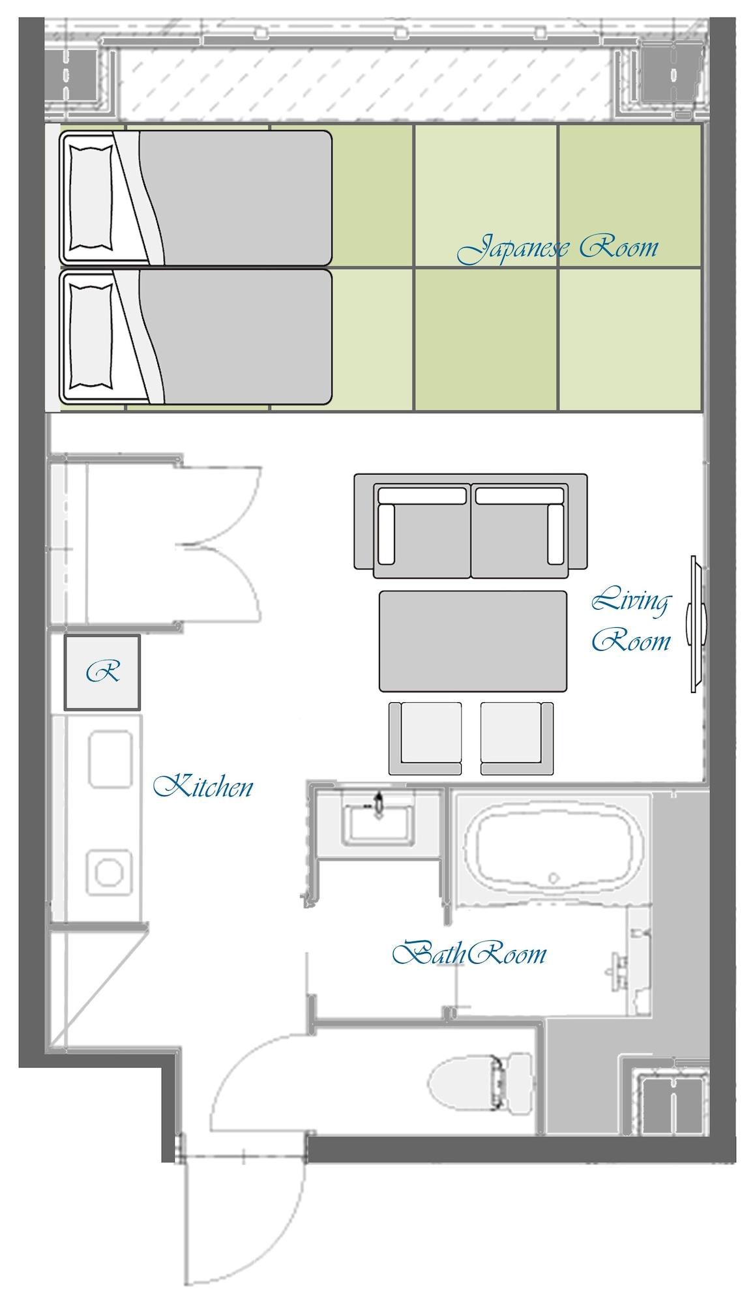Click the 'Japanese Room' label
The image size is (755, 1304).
point(558,248)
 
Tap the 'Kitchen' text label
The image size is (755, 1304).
point(203,786)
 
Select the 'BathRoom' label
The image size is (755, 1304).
point(469,953)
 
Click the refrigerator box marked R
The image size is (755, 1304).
point(102,672)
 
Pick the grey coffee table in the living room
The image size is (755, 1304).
point(473,641)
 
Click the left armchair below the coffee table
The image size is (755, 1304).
point(425,738)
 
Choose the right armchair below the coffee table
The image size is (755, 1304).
point(517,738)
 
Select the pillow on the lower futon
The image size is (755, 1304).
point(91,337)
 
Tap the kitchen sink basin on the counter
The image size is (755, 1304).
point(111,759)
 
